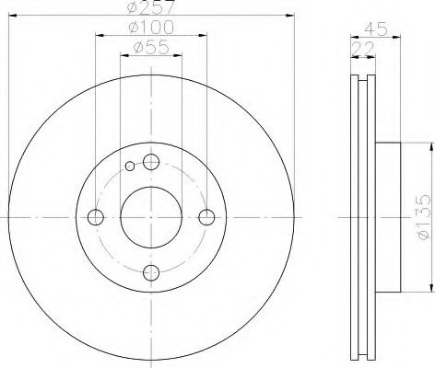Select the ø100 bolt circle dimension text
[151, 29]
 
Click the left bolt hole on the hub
[94, 217]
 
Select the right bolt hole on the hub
[207, 217]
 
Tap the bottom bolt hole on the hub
[150, 272]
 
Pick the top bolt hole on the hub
[150, 162]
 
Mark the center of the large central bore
[150, 217]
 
